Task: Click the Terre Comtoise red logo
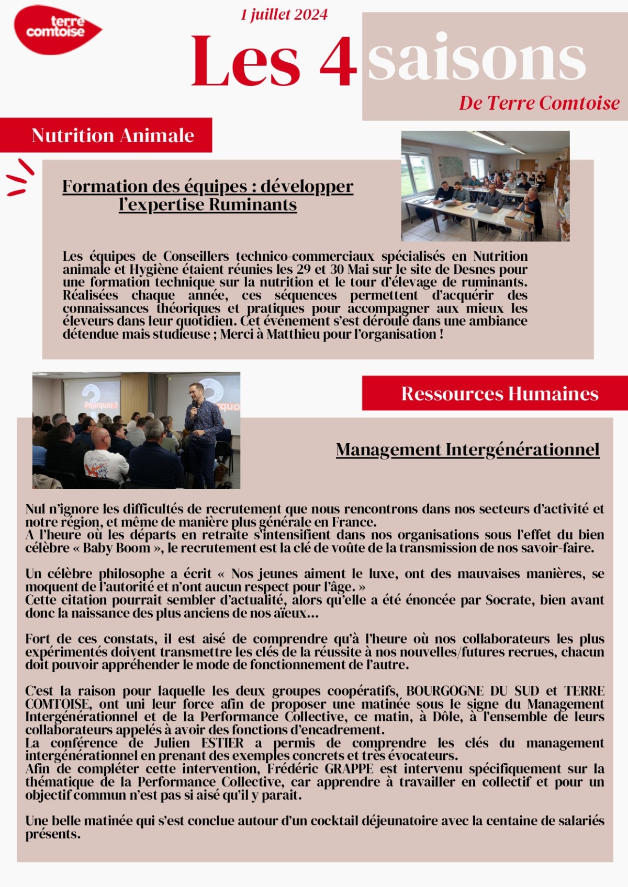(x=56, y=30)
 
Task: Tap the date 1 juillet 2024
(x=284, y=15)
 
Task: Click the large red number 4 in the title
(x=338, y=61)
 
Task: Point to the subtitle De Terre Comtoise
(x=539, y=103)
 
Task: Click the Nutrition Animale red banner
(x=113, y=135)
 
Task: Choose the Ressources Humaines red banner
(x=499, y=394)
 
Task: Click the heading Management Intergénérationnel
(x=467, y=450)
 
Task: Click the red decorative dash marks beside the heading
(x=20, y=177)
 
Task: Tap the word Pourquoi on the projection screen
(x=101, y=405)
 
